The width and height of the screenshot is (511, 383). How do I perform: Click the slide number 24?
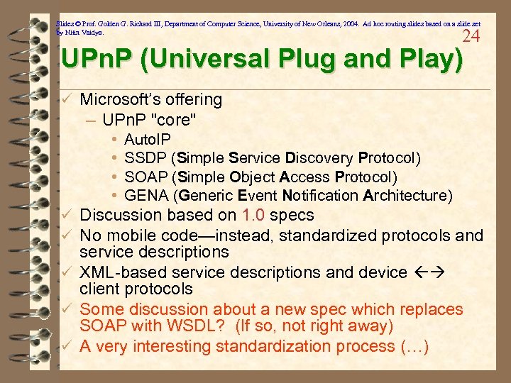[471, 36]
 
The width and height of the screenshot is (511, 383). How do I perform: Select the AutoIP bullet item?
[147, 140]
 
